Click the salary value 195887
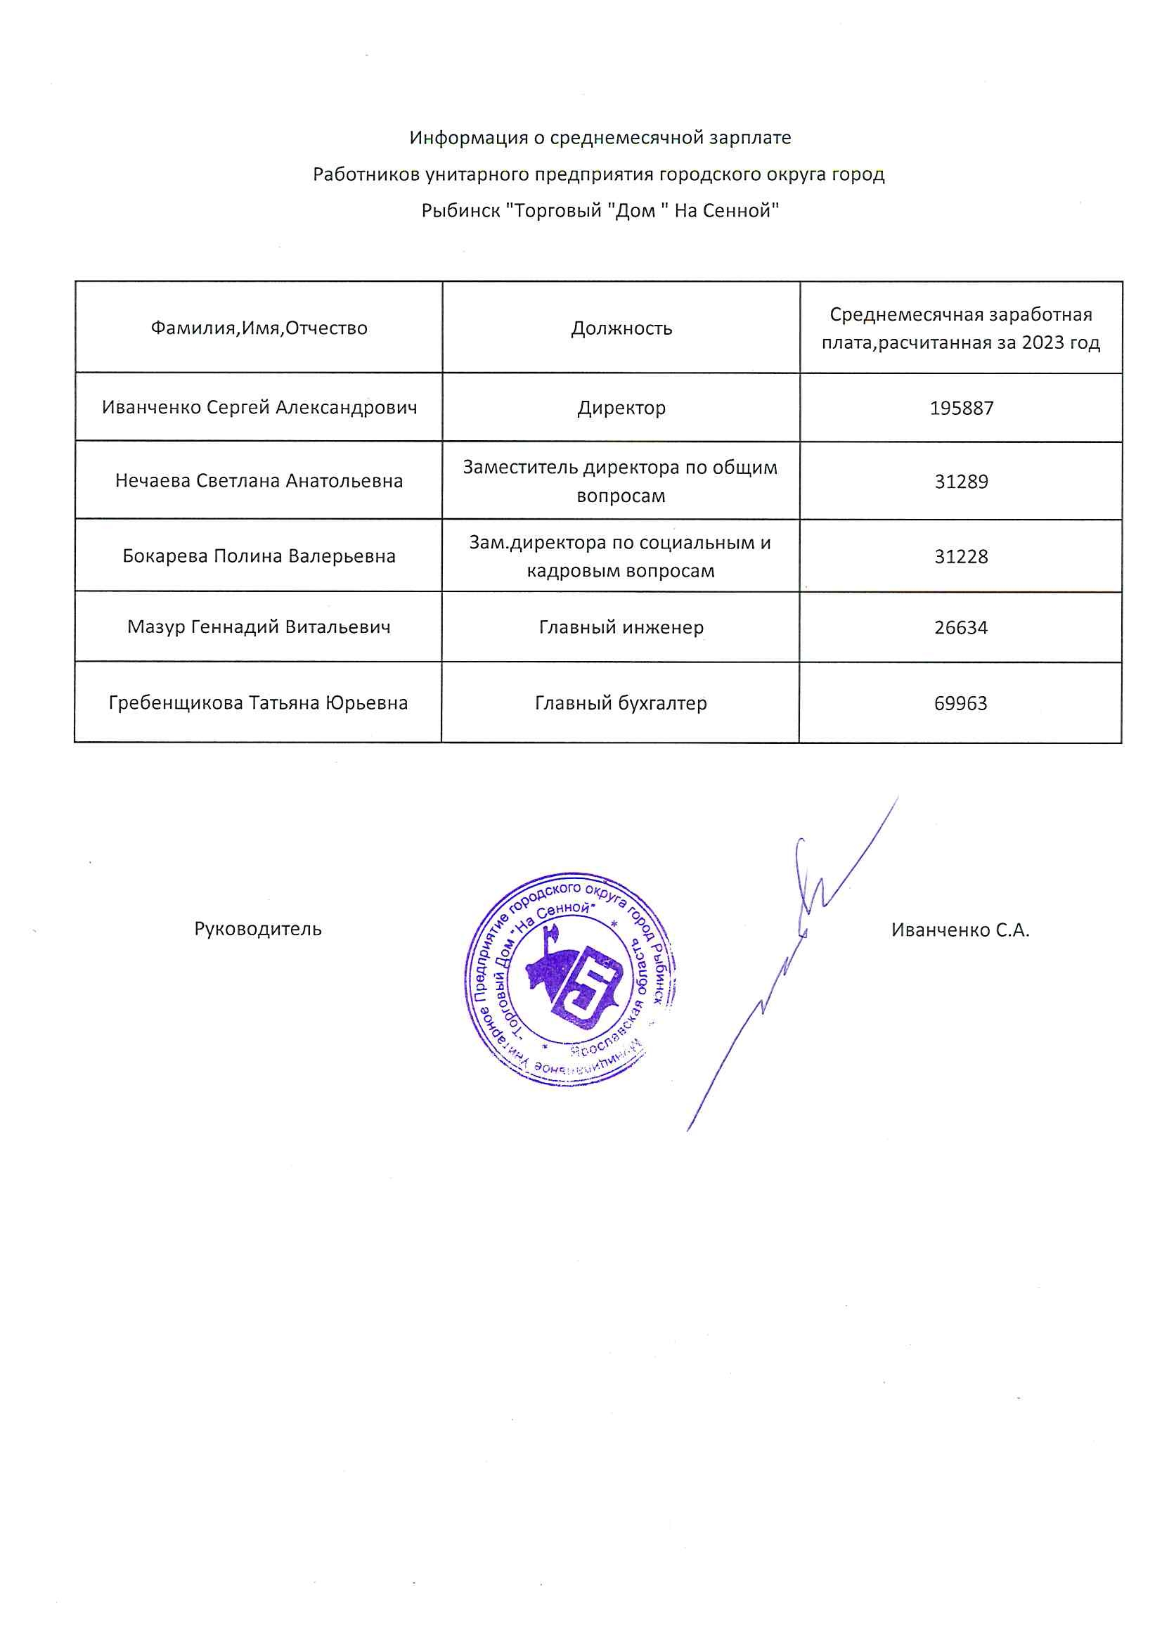coord(961,408)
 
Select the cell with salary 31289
coord(961,481)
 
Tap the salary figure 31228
coord(961,556)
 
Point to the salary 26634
coord(961,627)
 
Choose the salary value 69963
coord(960,703)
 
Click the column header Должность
coord(621,328)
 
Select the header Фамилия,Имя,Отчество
coord(259,328)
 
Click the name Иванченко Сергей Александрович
coord(259,407)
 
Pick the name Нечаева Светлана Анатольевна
coord(259,480)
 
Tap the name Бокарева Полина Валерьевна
coord(259,556)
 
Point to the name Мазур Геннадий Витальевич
coord(259,627)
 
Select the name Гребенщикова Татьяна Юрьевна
coord(259,702)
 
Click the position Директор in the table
coord(621,407)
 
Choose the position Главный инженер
coord(621,627)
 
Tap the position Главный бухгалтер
coord(621,703)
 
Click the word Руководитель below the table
coord(258,929)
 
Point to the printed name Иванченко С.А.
coord(960,930)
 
